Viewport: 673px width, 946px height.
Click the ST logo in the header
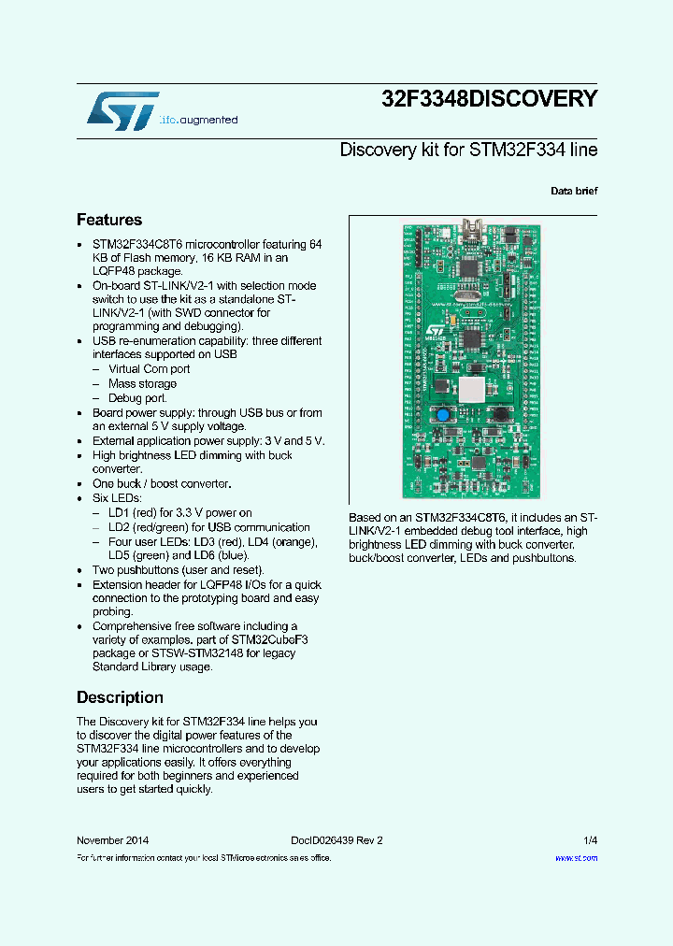(122, 111)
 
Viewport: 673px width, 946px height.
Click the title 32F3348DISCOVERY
(489, 99)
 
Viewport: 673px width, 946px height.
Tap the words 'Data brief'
(574, 191)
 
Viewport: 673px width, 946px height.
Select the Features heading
(109, 220)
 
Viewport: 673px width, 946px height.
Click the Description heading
(120, 697)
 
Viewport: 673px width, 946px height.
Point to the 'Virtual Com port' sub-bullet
(149, 369)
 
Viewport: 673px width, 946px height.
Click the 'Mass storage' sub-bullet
(142, 383)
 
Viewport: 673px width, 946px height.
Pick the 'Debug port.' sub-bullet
(137, 398)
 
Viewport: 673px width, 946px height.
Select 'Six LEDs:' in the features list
(117, 498)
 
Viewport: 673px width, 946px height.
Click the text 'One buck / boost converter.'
(161, 483)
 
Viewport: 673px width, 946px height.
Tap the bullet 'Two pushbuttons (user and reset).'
(178, 569)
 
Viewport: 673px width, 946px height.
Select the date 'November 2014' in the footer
(112, 840)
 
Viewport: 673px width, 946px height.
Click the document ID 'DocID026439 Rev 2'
(330, 840)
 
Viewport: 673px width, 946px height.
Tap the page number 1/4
(590, 840)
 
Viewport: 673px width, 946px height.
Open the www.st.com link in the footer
(576, 857)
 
